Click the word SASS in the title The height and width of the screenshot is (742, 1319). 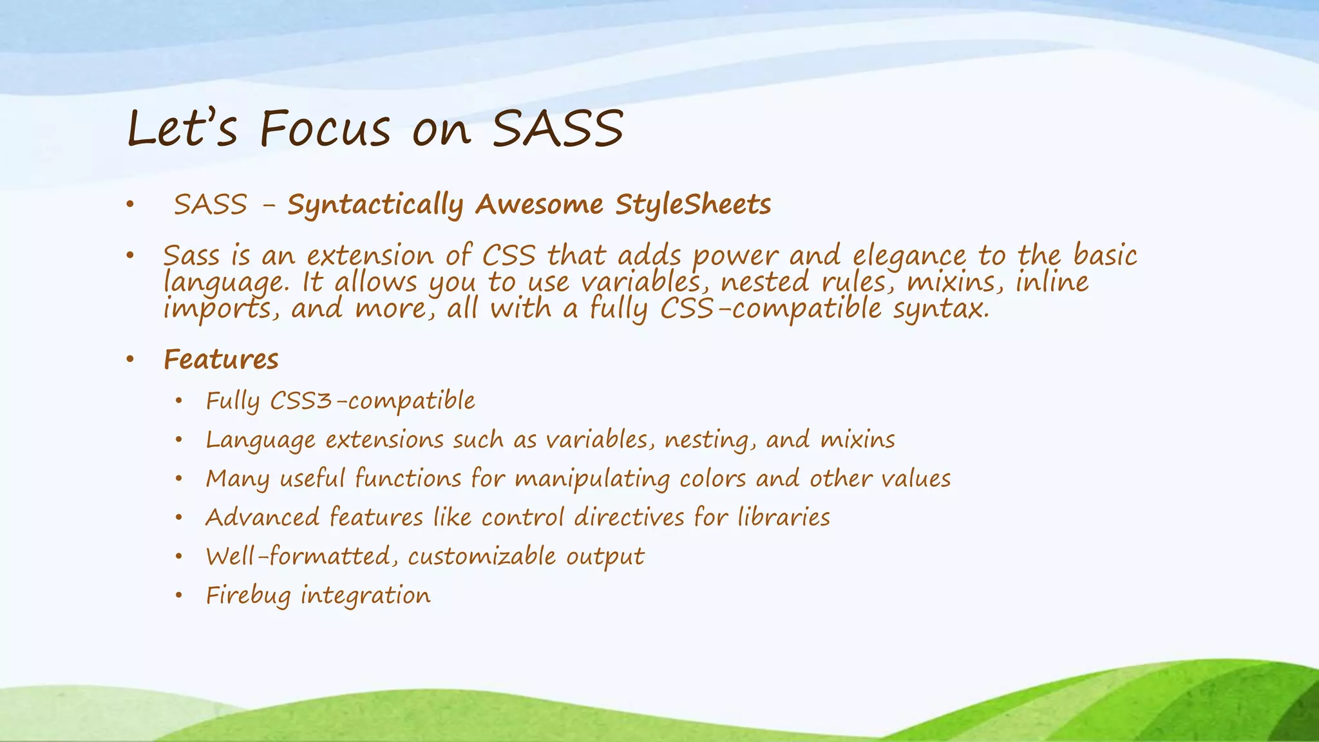[558, 128]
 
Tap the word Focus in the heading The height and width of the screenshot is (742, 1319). [325, 128]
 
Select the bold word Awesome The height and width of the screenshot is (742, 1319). [539, 205]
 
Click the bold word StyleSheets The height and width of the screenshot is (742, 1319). [693, 205]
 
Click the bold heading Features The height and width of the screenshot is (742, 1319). [221, 359]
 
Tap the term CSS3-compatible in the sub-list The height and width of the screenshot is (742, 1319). [372, 401]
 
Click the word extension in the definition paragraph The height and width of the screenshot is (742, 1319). [370, 256]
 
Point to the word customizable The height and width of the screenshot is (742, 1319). [481, 556]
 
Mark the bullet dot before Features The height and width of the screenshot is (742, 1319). [130, 360]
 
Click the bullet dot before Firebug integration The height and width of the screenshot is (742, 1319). [179, 596]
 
